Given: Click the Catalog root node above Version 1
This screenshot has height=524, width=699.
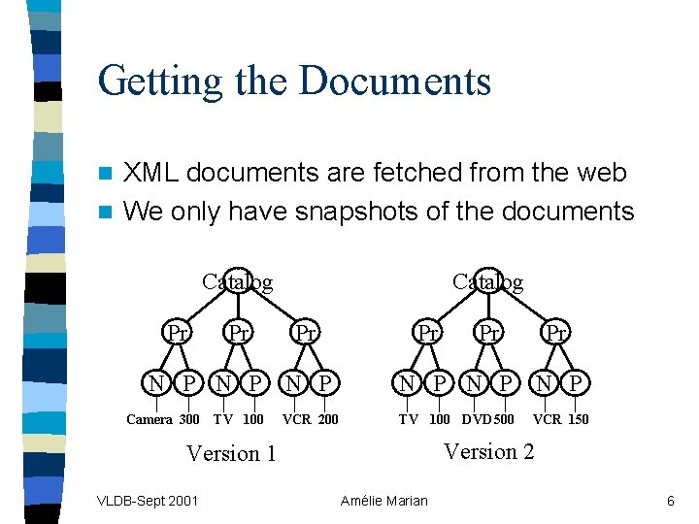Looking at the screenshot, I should pyautogui.click(x=237, y=281).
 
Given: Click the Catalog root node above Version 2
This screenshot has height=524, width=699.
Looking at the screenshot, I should pyautogui.click(x=488, y=281).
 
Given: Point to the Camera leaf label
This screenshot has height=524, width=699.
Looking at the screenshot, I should pyautogui.click(x=150, y=420).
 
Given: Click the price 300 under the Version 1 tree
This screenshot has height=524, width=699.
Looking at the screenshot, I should pyautogui.click(x=189, y=420).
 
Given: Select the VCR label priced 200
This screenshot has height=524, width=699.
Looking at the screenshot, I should pyautogui.click(x=295, y=420).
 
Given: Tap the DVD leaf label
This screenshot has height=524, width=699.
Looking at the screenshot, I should pyautogui.click(x=477, y=420).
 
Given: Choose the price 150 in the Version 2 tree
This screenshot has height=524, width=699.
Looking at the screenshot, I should pyautogui.click(x=578, y=420).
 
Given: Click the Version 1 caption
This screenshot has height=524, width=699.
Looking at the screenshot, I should pyautogui.click(x=231, y=453).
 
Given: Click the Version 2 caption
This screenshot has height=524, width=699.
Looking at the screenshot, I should pyautogui.click(x=488, y=451).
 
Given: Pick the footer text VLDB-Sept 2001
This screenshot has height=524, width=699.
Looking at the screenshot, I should pyautogui.click(x=148, y=501).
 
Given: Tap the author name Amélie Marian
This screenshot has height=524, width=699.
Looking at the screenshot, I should pyautogui.click(x=383, y=501).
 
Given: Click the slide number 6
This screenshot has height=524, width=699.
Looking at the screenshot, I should pyautogui.click(x=670, y=501).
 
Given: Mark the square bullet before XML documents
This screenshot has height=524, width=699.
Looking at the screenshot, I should pyautogui.click(x=109, y=174).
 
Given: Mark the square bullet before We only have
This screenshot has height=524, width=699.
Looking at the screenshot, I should pyautogui.click(x=109, y=212).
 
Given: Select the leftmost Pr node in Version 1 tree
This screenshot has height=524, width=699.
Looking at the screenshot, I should pyautogui.click(x=177, y=333).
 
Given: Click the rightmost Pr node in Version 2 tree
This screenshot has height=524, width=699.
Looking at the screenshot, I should pyautogui.click(x=556, y=333).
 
